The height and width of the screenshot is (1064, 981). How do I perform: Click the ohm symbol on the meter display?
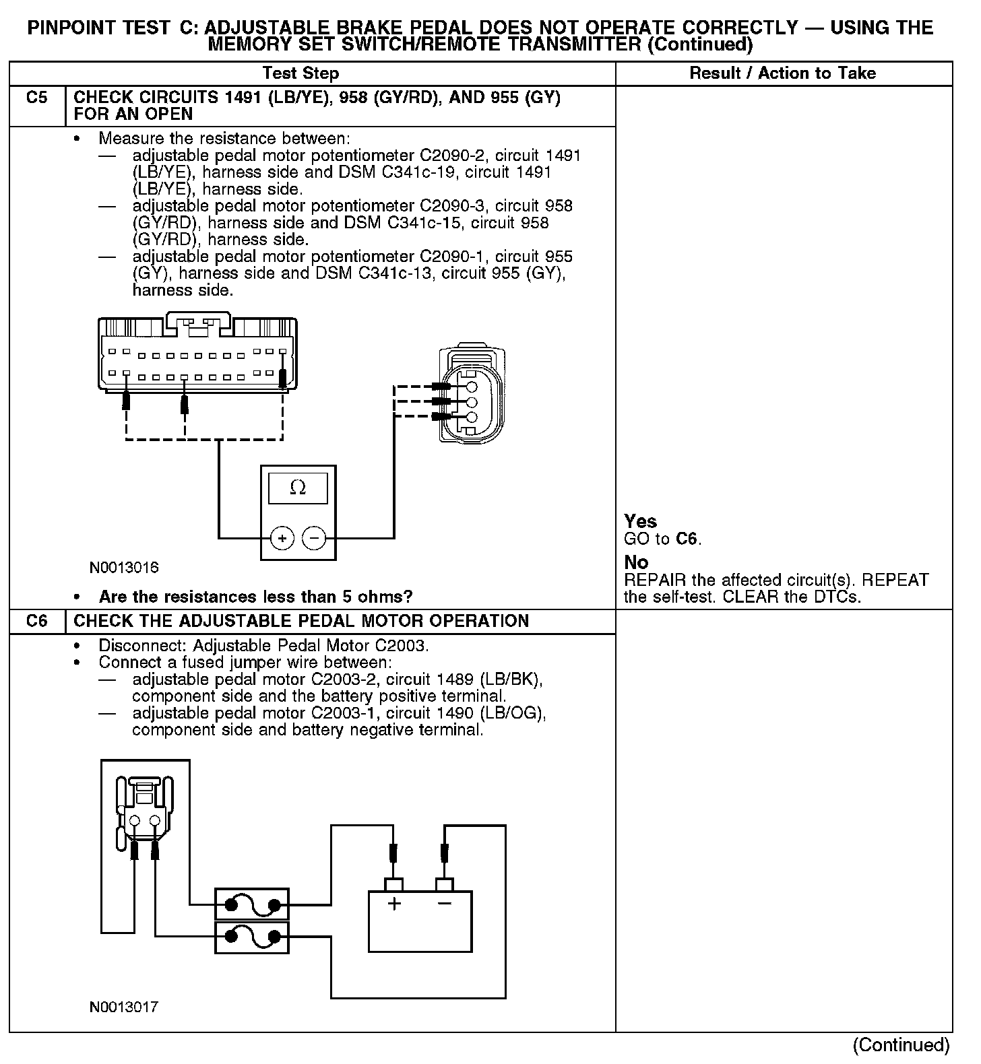pyautogui.click(x=297, y=488)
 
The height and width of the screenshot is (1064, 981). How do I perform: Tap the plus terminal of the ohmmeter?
pyautogui.click(x=282, y=538)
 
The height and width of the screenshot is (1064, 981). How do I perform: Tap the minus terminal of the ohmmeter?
pyautogui.click(x=314, y=538)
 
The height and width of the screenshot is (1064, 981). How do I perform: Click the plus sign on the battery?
pyautogui.click(x=394, y=903)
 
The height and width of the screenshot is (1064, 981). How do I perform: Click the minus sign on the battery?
pyautogui.click(x=444, y=903)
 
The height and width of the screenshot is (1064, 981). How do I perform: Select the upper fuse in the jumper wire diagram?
pyautogui.click(x=252, y=904)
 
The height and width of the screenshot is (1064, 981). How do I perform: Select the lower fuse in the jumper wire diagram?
pyautogui.click(x=252, y=937)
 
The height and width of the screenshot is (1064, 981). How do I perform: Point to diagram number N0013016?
pyautogui.click(x=124, y=568)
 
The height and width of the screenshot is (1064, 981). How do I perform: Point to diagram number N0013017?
pyautogui.click(x=124, y=1007)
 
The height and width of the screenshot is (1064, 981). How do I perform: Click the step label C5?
pyautogui.click(x=37, y=98)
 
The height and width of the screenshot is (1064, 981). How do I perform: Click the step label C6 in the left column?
pyautogui.click(x=37, y=621)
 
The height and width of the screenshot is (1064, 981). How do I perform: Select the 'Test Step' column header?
pyautogui.click(x=300, y=73)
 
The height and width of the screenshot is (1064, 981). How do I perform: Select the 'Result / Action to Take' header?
pyautogui.click(x=782, y=73)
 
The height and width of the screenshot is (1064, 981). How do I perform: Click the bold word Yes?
pyautogui.click(x=640, y=521)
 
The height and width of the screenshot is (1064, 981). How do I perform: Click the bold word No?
pyautogui.click(x=636, y=562)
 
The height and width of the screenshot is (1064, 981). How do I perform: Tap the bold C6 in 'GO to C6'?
pyautogui.click(x=687, y=539)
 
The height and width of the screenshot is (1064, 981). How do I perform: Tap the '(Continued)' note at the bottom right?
pyautogui.click(x=901, y=1044)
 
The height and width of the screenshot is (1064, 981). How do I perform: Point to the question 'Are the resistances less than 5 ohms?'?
pyautogui.click(x=255, y=597)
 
